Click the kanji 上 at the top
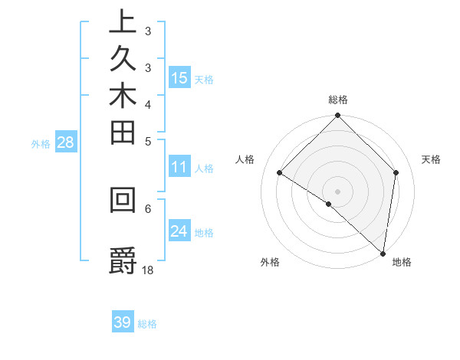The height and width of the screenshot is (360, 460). pyautogui.click(x=123, y=21)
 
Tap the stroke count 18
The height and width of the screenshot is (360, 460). pyautogui.click(x=149, y=270)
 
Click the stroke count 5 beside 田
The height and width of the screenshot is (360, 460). pyautogui.click(x=148, y=141)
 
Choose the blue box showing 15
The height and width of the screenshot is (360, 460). pyautogui.click(x=179, y=77)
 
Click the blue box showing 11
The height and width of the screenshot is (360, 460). pyautogui.click(x=179, y=168)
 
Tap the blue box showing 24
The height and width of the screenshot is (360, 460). pyautogui.click(x=179, y=231)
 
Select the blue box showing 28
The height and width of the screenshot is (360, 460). pyautogui.click(x=65, y=142)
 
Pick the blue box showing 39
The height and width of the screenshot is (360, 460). pyautogui.click(x=123, y=322)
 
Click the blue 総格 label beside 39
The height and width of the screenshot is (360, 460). pyautogui.click(x=147, y=324)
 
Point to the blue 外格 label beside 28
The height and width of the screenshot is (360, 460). pyautogui.click(x=41, y=143)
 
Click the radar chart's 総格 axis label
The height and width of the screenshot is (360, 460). pyautogui.click(x=338, y=100)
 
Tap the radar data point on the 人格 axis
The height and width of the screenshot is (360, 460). pyautogui.click(x=280, y=173)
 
